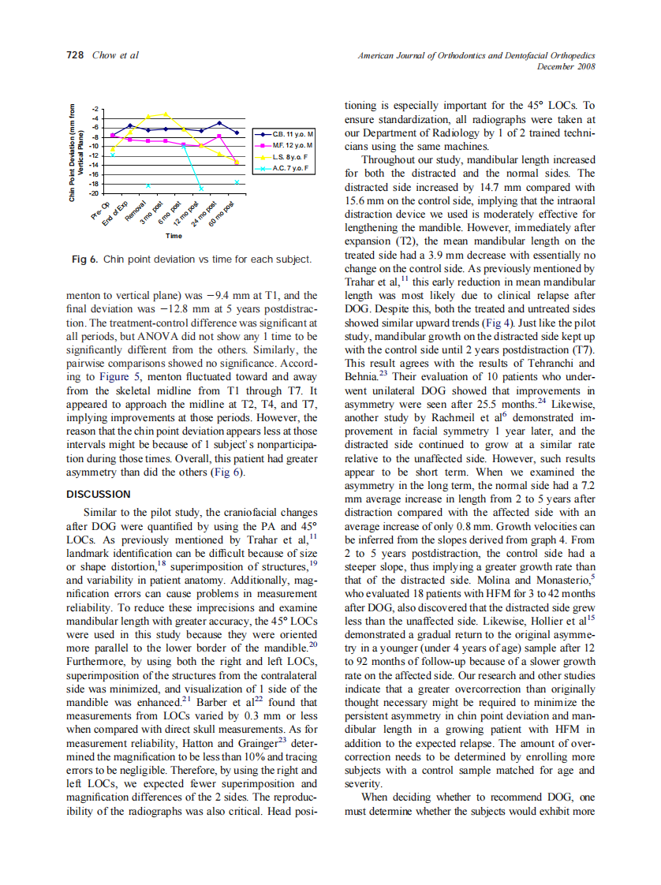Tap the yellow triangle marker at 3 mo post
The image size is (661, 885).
pyautogui.click(x=166, y=114)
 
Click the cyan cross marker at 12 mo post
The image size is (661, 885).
pyautogui.click(x=201, y=189)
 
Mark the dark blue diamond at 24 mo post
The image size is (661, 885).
pyautogui.click(x=219, y=123)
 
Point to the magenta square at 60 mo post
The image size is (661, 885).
pyautogui.click(x=237, y=162)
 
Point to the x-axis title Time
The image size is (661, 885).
pyautogui.click(x=174, y=235)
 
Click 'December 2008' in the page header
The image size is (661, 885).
pyautogui.click(x=566, y=66)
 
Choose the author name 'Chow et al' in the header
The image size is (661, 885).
pyautogui.click(x=115, y=55)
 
